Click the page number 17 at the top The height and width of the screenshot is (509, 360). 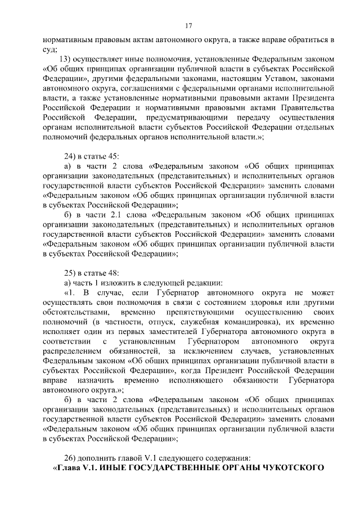188,25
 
